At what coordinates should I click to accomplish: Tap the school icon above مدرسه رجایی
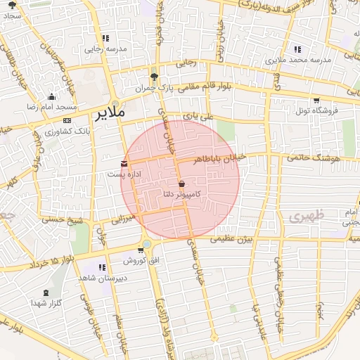(x=105, y=39)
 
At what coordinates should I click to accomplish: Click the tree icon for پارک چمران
(x=154, y=77)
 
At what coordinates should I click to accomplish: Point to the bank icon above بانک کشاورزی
(x=67, y=120)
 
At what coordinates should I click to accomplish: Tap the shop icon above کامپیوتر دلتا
(x=182, y=183)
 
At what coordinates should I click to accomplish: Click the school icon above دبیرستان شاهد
(x=103, y=266)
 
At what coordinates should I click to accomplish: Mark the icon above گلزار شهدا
(x=46, y=292)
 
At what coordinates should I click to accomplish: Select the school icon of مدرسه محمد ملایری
(x=297, y=49)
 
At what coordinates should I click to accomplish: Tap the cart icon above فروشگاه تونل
(x=316, y=100)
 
